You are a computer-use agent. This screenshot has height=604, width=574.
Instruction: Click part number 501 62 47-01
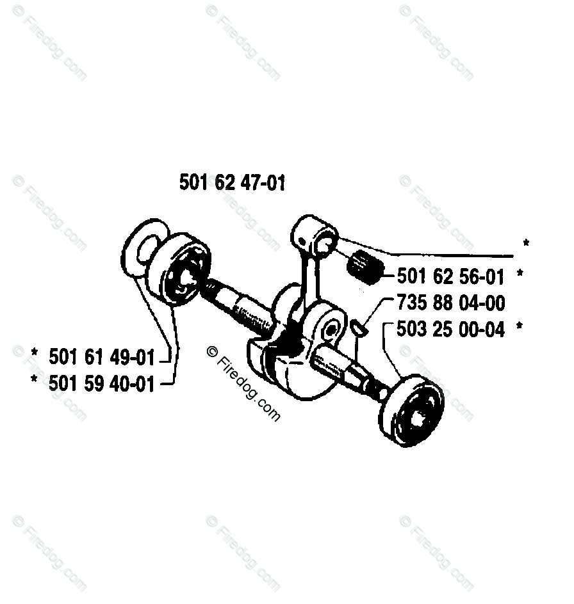pyautogui.click(x=233, y=183)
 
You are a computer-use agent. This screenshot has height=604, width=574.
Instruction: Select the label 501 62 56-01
pyautogui.click(x=450, y=276)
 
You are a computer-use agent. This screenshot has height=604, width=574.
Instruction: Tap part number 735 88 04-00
pyautogui.click(x=450, y=303)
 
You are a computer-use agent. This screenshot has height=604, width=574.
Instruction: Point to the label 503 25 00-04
pyautogui.click(x=450, y=329)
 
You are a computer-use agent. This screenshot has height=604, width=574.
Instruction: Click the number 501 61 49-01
pyautogui.click(x=102, y=356)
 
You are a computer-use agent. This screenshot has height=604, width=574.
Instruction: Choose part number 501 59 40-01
pyautogui.click(x=102, y=383)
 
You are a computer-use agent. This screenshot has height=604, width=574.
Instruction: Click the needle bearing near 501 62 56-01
pyautogui.click(x=365, y=265)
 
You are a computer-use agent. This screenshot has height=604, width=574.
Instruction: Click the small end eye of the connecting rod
pyautogui.click(x=325, y=241)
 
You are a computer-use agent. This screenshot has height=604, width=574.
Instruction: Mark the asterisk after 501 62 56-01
pyautogui.click(x=520, y=275)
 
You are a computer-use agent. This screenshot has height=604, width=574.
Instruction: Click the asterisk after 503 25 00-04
pyautogui.click(x=520, y=328)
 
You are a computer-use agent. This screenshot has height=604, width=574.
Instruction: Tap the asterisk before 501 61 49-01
pyautogui.click(x=35, y=354)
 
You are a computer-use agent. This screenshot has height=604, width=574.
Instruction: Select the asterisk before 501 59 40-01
pyautogui.click(x=35, y=381)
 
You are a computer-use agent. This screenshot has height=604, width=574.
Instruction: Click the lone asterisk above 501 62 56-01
pyautogui.click(x=526, y=244)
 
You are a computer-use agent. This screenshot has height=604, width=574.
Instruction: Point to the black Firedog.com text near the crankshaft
pyautogui.click(x=244, y=384)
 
